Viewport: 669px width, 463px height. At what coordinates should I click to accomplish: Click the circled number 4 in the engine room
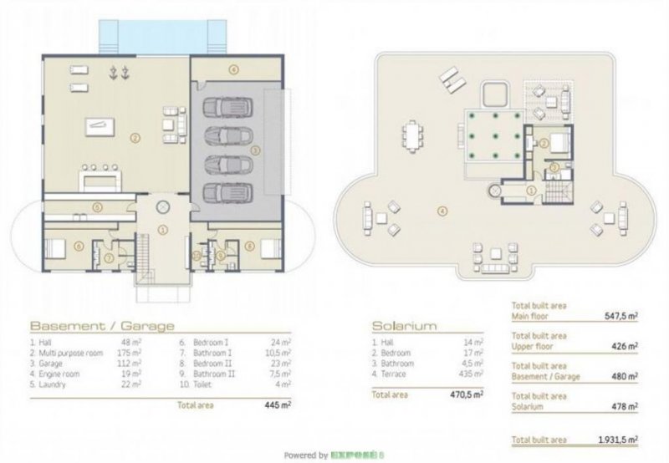point(234,68)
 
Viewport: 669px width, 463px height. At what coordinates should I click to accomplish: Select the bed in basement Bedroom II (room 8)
point(270,248)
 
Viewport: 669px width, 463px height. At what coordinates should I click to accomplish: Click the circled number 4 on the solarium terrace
point(442,209)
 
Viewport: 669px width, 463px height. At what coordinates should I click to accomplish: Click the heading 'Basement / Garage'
point(102,325)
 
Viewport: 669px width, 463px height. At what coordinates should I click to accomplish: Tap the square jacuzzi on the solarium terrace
point(493,89)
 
